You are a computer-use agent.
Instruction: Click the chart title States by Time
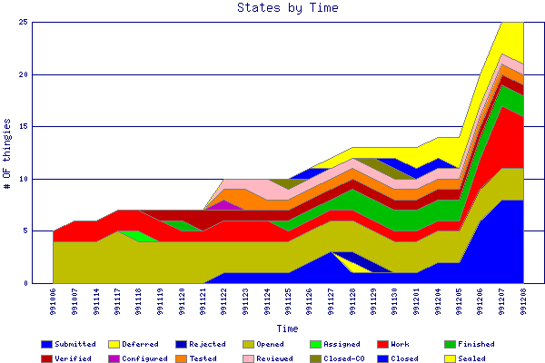[287, 8]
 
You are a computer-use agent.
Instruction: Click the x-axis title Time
[287, 329]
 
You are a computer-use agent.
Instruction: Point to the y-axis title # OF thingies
[8, 152]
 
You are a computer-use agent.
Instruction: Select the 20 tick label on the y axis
[23, 75]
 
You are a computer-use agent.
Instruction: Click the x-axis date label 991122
[224, 300]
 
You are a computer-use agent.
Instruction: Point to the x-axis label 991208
[524, 300]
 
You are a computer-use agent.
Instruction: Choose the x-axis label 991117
[119, 300]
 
